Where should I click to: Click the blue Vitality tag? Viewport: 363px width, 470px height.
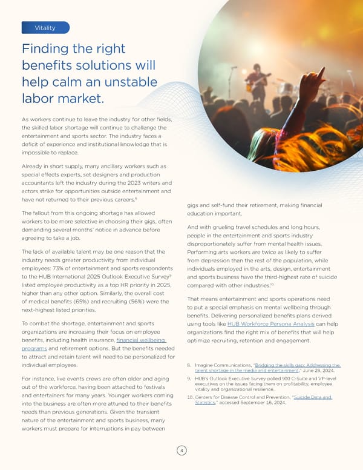coord(45,28)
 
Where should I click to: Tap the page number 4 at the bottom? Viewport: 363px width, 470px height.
coord(181,449)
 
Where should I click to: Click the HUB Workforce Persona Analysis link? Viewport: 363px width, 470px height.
coord(270,324)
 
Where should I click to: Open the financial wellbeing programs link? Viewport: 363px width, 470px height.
coord(139,340)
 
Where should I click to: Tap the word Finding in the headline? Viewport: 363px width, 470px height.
coord(48,50)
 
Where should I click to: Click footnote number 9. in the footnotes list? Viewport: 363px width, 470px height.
coord(189,379)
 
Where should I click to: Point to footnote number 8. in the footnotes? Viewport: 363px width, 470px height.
coord(189,365)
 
